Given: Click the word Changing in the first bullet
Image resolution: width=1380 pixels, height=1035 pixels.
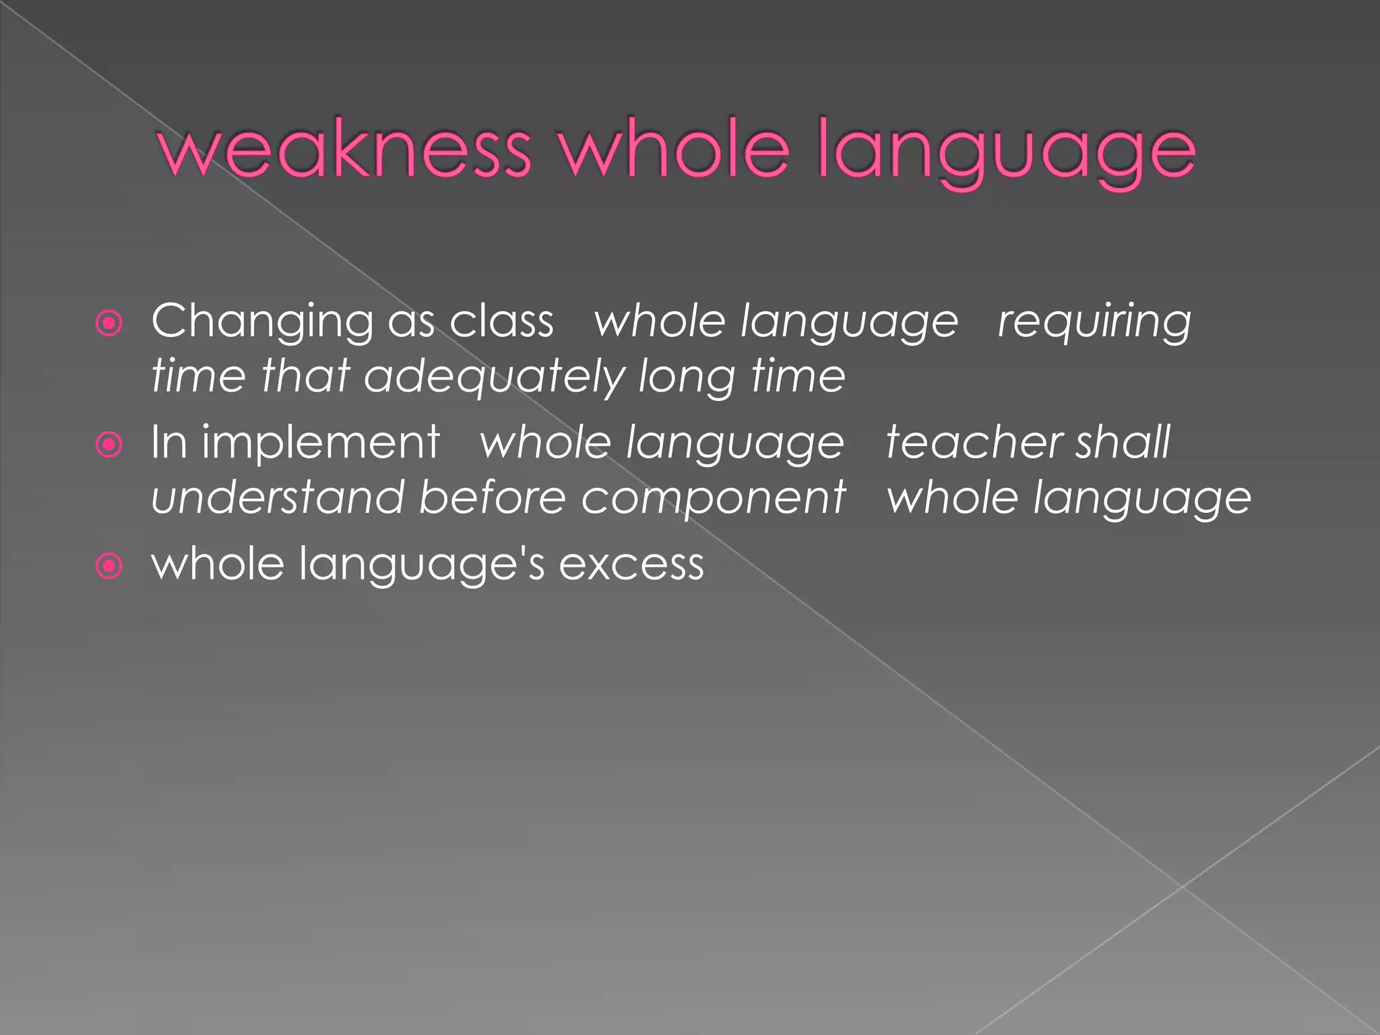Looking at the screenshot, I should [262, 322].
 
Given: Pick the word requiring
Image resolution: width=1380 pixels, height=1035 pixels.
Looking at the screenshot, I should [1094, 322].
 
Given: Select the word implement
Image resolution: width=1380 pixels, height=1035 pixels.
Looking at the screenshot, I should [321, 443].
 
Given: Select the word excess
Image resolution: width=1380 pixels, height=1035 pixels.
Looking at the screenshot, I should [631, 565].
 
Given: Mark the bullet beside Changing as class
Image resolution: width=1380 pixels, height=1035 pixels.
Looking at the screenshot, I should [109, 323].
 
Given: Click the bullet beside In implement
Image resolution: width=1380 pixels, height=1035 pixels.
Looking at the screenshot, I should [109, 445].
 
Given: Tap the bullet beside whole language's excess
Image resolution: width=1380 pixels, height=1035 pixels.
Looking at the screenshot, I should [109, 566].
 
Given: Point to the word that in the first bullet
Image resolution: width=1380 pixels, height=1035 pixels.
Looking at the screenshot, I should [305, 376].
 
